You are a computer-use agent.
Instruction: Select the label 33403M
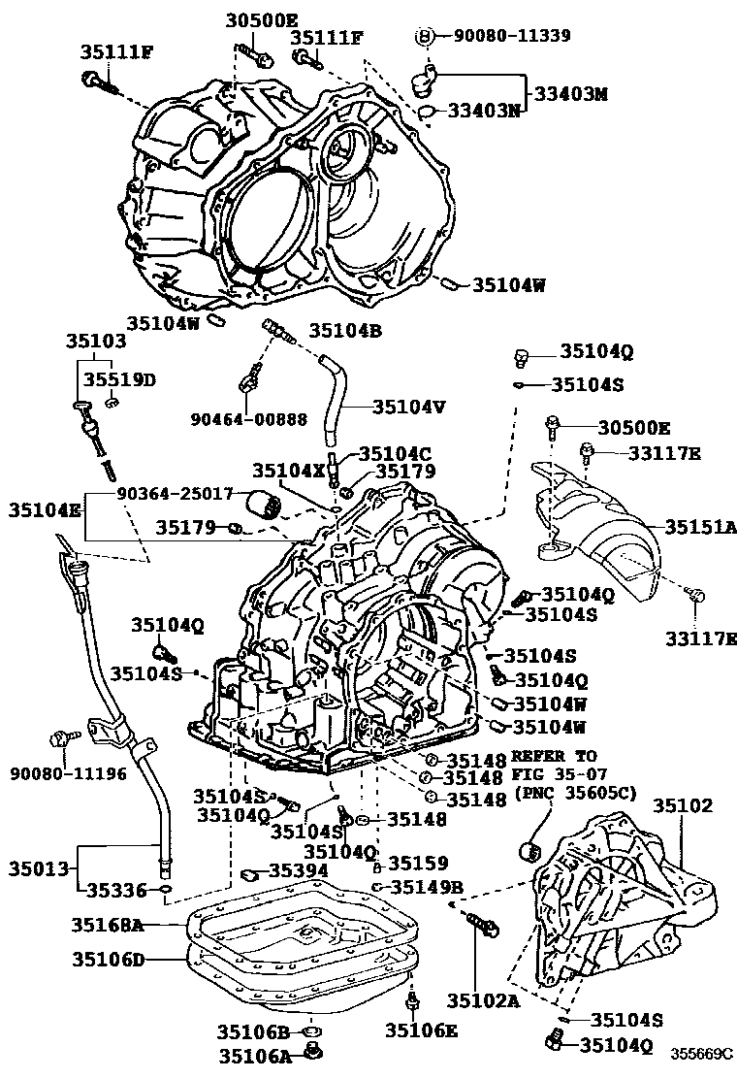[571, 94]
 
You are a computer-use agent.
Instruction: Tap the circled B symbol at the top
[424, 36]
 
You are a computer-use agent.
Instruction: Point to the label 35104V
[408, 408]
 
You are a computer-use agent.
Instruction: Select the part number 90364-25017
[176, 494]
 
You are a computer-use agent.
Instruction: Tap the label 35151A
[700, 527]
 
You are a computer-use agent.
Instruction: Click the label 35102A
[479, 998]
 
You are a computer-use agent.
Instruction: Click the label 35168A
[108, 926]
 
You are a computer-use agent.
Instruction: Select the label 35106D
[108, 960]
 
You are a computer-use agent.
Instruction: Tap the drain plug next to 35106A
[313, 1051]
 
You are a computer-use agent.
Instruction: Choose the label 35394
[300, 870]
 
